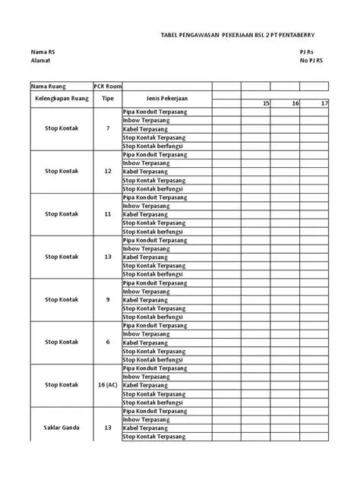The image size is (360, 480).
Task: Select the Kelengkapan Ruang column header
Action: [62, 99]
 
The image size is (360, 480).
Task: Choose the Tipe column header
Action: [107, 99]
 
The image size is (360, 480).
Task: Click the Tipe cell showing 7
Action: [107, 129]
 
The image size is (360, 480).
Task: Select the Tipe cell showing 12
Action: [107, 172]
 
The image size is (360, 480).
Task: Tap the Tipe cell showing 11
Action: [107, 214]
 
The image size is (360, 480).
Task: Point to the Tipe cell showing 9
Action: [107, 299]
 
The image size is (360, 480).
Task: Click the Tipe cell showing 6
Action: [107, 342]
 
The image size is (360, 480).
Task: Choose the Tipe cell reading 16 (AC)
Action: [107, 385]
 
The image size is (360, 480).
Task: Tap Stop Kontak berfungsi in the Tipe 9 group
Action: [153, 317]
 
